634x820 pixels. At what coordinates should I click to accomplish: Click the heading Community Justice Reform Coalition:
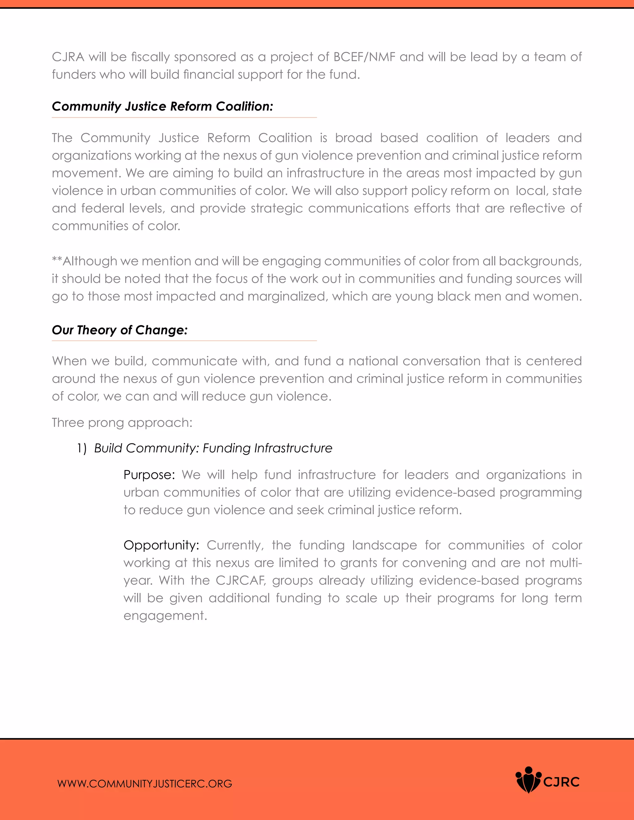click(162, 107)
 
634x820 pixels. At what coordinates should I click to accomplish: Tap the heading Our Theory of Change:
click(119, 330)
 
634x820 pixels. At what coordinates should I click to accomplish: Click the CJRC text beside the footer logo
click(562, 782)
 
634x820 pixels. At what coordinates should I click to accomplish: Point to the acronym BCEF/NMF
click(364, 57)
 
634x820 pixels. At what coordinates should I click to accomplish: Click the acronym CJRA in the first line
click(68, 57)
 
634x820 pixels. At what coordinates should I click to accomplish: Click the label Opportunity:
click(161, 545)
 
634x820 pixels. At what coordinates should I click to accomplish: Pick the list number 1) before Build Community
click(81, 448)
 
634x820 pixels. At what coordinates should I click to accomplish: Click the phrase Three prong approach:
click(122, 423)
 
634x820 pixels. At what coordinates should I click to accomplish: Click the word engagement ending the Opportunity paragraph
click(165, 616)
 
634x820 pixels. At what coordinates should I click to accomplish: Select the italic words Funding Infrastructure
click(267, 448)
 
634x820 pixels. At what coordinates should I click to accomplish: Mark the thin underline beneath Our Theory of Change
click(184, 341)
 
